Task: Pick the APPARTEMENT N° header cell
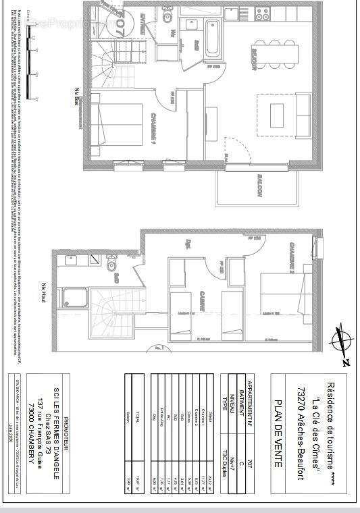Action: click(253, 397)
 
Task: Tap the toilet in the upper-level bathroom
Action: click(111, 262)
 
